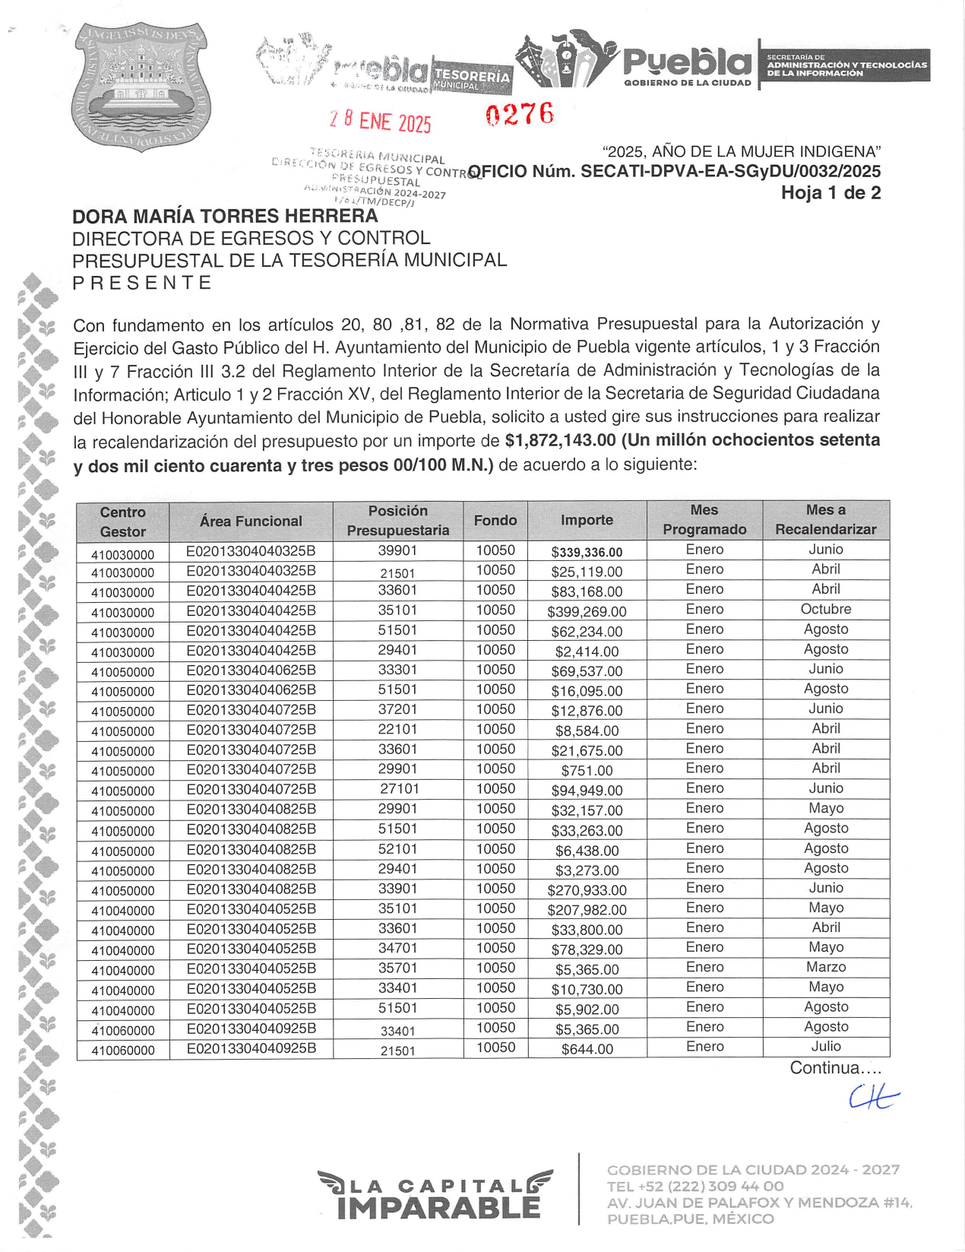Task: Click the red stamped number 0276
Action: [520, 115]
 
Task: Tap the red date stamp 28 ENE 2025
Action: [380, 121]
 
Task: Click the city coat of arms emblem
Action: [141, 86]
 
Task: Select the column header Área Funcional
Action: [251, 521]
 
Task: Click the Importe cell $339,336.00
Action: [587, 552]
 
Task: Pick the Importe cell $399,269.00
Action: [587, 611]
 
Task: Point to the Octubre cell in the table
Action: [826, 610]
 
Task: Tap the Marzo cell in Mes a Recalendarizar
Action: [826, 968]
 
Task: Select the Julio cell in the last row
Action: [826, 1047]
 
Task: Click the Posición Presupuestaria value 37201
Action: [397, 709]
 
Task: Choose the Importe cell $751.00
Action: [587, 770]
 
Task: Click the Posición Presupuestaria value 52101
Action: [397, 849]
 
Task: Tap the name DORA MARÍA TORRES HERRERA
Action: [225, 217]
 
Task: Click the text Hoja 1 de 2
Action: [831, 193]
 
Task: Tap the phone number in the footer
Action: [695, 1187]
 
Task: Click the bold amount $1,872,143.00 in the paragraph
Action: [560, 441]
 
